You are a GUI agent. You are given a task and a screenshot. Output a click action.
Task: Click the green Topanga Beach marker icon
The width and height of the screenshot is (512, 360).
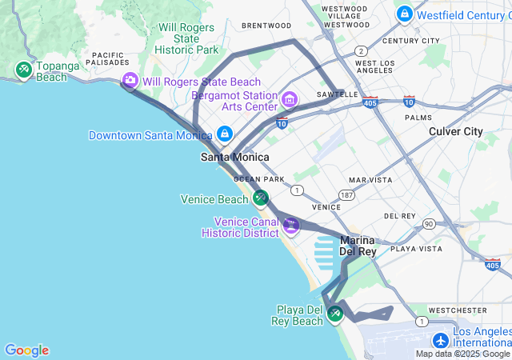24,70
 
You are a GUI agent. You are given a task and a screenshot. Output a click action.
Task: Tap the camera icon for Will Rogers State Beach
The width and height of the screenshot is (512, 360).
130,81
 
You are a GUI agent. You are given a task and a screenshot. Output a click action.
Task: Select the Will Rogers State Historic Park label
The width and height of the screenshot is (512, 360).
187,38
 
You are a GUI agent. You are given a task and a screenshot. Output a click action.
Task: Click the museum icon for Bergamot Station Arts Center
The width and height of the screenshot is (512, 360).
289,101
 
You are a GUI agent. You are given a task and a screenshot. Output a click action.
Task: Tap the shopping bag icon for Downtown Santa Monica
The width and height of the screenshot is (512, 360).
225,134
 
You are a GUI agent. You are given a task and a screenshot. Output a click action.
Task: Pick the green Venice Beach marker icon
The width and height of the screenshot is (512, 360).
260,198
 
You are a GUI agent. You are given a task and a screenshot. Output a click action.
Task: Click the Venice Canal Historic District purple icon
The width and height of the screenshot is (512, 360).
291,226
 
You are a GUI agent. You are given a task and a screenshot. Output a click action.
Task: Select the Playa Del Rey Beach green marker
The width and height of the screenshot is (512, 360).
335,314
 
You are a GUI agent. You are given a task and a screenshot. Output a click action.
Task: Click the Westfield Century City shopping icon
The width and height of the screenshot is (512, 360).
405,14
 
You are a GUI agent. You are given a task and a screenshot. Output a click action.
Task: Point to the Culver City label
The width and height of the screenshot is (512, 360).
456,131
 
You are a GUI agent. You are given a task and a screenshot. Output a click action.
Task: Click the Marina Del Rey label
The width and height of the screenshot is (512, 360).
358,246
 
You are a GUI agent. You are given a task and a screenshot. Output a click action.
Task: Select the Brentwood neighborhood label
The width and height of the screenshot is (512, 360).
266,26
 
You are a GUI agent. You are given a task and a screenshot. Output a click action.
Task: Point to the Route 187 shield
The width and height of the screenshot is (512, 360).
346,195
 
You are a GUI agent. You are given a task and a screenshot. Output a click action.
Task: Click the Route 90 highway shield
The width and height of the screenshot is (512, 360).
430,224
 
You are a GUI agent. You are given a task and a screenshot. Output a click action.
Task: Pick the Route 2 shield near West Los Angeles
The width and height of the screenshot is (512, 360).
362,50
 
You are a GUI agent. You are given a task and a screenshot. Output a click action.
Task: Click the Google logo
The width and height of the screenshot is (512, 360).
26,350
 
